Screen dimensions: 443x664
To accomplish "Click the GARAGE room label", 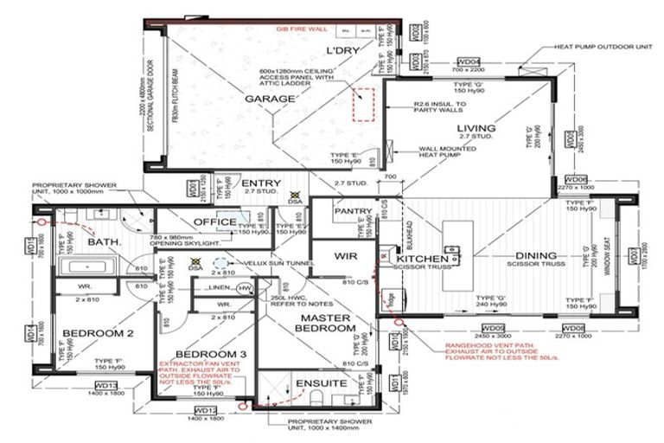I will point(271,100).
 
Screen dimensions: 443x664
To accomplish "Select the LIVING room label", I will point(476,129).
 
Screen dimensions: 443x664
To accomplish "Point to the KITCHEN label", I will point(422,259).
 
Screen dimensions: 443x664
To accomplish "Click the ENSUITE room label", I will point(321,382).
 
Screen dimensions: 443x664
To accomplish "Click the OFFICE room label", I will point(215,222).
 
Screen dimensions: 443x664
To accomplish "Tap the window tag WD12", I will point(205,409).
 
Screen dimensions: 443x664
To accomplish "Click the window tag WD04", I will point(469,62).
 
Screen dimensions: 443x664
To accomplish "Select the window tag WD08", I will point(573,328).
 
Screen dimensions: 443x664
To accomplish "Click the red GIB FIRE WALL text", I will point(302,29).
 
